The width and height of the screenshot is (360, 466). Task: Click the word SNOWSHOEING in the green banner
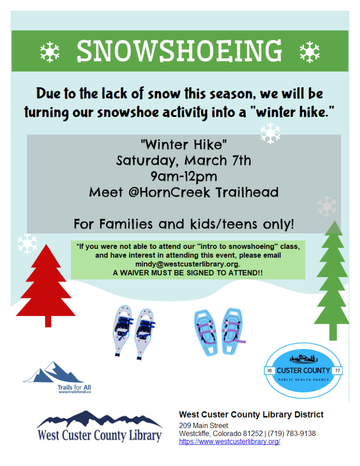click(x=180, y=51)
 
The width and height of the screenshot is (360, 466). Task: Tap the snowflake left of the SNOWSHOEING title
click(x=50, y=51)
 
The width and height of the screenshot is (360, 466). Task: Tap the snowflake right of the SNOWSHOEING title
click(x=310, y=51)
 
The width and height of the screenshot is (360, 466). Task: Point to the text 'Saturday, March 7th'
click(x=183, y=161)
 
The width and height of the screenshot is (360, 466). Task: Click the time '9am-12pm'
click(x=183, y=176)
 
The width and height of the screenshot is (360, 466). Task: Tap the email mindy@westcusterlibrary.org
click(x=188, y=264)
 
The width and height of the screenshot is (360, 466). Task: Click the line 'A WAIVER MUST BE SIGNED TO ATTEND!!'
click(x=188, y=273)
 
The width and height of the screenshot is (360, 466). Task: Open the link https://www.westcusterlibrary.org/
click(x=229, y=441)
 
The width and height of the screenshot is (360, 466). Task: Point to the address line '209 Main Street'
click(x=203, y=425)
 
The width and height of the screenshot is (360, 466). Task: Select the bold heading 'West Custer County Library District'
click(x=251, y=414)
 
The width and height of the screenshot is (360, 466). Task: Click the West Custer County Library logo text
click(x=100, y=435)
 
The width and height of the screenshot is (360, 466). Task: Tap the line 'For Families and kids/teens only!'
click(x=183, y=224)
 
